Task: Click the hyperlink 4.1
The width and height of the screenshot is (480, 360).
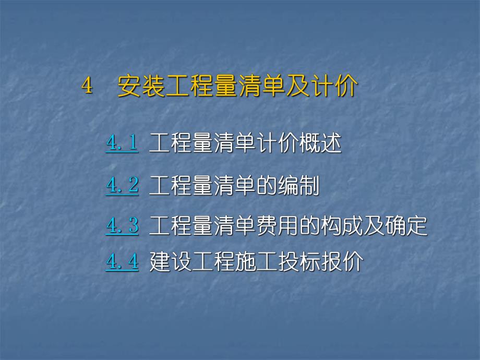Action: coord(122,143)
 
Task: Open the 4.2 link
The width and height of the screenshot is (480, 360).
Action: coord(122,185)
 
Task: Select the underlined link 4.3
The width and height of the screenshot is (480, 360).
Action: coord(122,226)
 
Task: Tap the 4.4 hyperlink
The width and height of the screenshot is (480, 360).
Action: coord(122,261)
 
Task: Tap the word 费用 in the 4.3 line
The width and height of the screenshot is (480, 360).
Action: coord(277,226)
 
